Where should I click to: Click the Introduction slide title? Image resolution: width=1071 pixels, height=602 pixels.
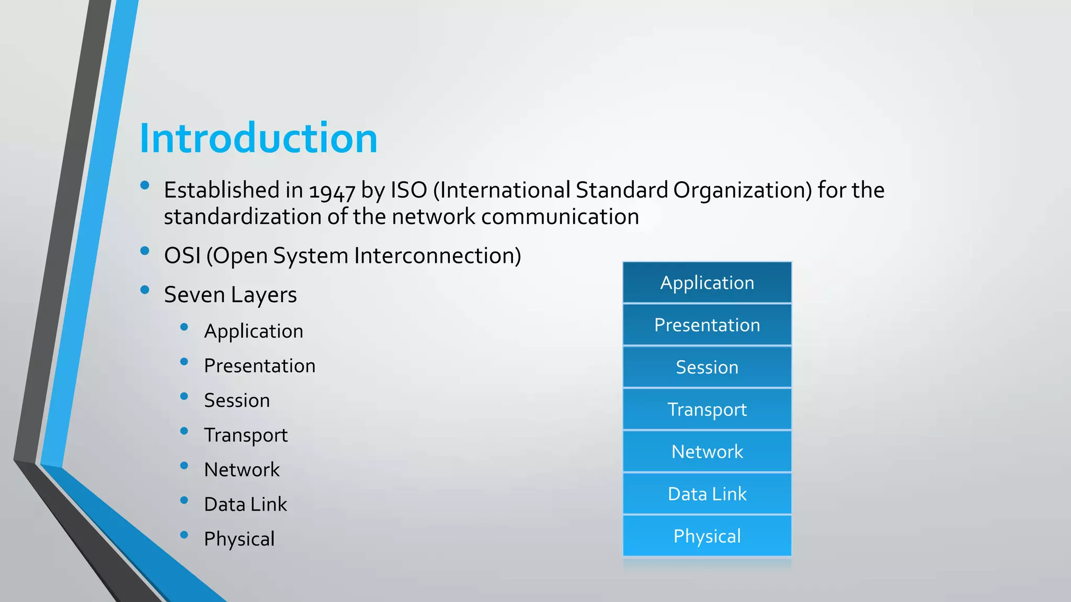[258, 138]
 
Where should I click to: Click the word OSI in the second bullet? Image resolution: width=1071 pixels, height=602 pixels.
[183, 256]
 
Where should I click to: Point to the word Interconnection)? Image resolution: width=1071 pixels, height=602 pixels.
[438, 256]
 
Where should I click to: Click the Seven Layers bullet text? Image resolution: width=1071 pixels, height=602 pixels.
[230, 295]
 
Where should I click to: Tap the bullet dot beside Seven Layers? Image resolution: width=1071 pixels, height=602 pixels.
[145, 290]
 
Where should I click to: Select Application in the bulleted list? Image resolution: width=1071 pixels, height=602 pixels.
[254, 331]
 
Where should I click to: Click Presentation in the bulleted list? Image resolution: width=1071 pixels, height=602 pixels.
[259, 366]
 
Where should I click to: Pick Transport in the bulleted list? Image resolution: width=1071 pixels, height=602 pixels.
[246, 435]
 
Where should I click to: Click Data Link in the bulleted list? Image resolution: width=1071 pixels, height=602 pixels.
[245, 504]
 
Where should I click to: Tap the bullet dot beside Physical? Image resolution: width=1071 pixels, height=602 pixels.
[184, 535]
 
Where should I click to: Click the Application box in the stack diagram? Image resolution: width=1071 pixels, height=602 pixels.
[707, 283]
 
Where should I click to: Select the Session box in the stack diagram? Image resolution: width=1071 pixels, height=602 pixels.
[707, 367]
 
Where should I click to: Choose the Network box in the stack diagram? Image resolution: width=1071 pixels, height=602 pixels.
[707, 451]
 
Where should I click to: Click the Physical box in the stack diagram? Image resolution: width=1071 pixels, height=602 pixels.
[707, 536]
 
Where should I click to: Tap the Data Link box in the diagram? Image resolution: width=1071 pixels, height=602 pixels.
[707, 494]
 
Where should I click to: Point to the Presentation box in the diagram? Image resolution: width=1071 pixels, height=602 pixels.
[707, 325]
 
